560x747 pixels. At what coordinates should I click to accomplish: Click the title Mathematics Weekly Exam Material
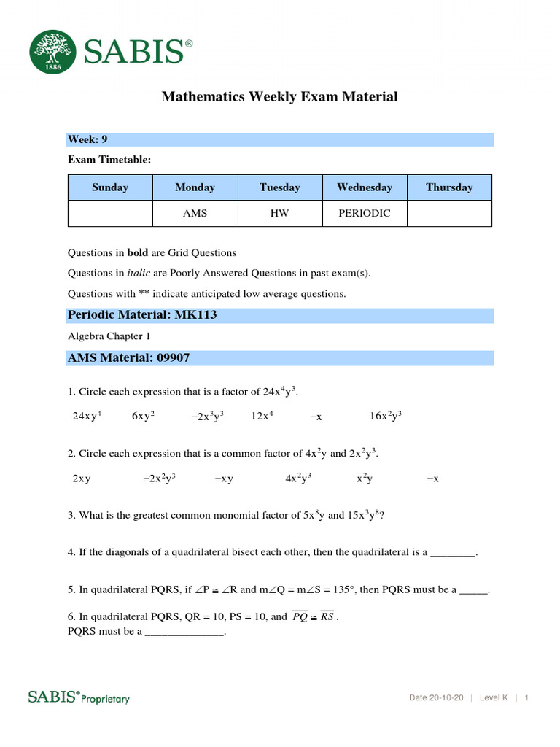click(279, 96)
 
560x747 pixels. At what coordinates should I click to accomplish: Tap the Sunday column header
click(110, 187)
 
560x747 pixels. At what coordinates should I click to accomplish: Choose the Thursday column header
click(449, 187)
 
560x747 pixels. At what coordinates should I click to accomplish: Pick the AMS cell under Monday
click(195, 213)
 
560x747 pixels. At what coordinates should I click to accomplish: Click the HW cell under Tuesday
click(280, 213)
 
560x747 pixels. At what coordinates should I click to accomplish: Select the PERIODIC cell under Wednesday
click(364, 213)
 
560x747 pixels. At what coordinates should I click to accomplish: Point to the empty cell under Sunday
click(110, 213)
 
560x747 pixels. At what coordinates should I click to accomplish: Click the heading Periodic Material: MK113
click(142, 315)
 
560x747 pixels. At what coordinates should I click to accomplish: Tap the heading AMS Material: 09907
click(129, 358)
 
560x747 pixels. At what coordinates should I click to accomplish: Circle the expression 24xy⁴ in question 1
click(87, 416)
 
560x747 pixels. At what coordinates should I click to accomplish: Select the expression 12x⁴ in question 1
click(262, 416)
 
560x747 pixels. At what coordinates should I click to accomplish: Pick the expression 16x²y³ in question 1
click(386, 416)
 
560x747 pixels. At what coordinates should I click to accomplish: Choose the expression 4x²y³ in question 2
click(298, 479)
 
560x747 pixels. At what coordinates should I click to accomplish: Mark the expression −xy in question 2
click(224, 479)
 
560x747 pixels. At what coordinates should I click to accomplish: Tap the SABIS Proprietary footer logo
click(79, 697)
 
